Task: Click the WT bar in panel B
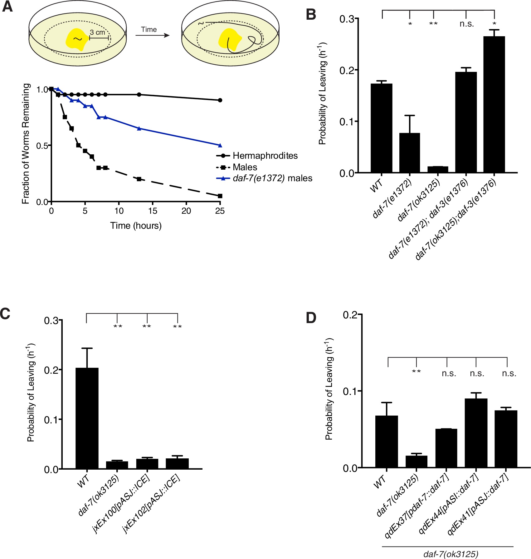382,128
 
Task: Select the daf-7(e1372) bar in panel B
409,153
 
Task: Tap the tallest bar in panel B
494,105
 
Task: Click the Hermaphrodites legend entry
265,156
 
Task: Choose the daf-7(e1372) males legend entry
272,178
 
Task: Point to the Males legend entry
245,167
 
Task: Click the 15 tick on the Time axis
152,211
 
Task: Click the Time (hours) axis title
136,226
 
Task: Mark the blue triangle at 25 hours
220,145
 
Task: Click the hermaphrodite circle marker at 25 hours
220,100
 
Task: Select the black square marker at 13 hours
139,179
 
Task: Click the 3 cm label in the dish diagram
98,32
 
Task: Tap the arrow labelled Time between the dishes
152,35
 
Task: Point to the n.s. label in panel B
466,24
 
